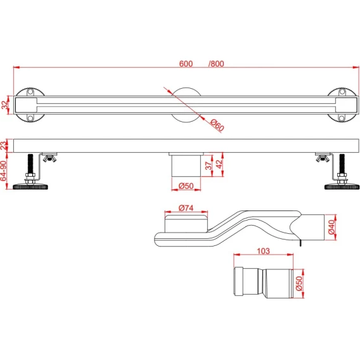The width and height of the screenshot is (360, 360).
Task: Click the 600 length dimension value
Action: tap(186, 63)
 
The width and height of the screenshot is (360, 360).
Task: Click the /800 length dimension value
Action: tap(216, 63)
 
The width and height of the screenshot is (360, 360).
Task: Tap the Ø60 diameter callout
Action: tap(217, 125)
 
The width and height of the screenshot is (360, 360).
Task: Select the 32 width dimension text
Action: tap(4, 105)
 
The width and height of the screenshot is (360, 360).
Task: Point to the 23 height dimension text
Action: tap(4, 146)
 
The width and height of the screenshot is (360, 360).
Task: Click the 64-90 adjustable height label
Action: tap(3, 171)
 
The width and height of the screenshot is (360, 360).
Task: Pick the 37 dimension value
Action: tap(209, 165)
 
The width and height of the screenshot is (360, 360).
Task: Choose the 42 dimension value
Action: tap(219, 164)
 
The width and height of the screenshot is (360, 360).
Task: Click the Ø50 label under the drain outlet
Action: tap(186, 186)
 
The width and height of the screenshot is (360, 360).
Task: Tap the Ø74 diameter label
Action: tap(186, 208)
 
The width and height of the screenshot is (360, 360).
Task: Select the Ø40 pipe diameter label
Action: tap(331, 227)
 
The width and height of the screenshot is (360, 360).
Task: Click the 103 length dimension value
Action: tap(263, 251)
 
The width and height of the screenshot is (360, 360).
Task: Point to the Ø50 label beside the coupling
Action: tap(299, 283)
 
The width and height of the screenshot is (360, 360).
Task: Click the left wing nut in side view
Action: tap(49, 158)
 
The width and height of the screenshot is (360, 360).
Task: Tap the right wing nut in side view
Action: tap(323, 158)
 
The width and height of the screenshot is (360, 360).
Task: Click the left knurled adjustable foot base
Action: tap(30, 186)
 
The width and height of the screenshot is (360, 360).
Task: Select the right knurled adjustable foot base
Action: tap(342, 186)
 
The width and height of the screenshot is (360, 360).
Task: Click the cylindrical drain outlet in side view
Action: tap(186, 166)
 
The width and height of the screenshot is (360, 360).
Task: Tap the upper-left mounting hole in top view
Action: tap(30, 93)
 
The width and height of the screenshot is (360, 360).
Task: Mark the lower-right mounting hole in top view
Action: tap(342, 119)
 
